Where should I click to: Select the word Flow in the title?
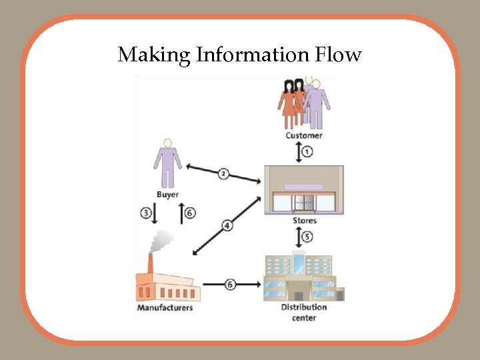[338, 55]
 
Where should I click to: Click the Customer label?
[304, 135]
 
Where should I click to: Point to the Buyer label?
[167, 195]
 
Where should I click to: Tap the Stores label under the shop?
[305, 220]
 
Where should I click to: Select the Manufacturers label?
[165, 307]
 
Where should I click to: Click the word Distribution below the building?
[304, 307]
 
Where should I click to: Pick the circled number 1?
[307, 152]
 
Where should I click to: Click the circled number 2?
[223, 173]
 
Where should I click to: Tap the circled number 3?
[146, 213]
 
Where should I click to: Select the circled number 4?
[227, 226]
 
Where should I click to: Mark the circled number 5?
[307, 237]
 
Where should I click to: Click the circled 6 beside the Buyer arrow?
[190, 213]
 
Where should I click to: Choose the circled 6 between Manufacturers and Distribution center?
[230, 284]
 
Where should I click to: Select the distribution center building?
[304, 277]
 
